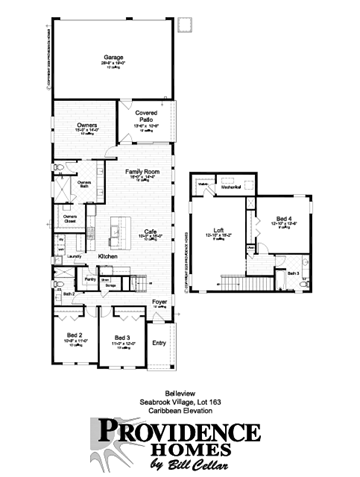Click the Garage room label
pos(113,58)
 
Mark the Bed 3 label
pos(122,337)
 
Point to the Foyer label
pos(158,299)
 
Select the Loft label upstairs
pos(218,229)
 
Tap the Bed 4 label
pos(285,217)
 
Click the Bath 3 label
pos(294,272)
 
